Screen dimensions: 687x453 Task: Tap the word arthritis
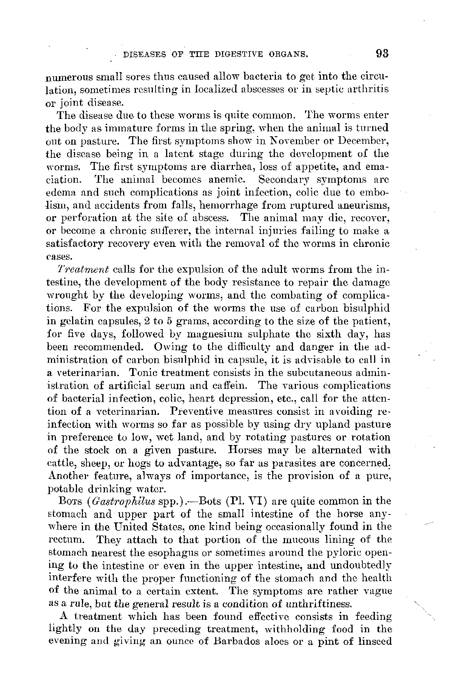367,90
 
